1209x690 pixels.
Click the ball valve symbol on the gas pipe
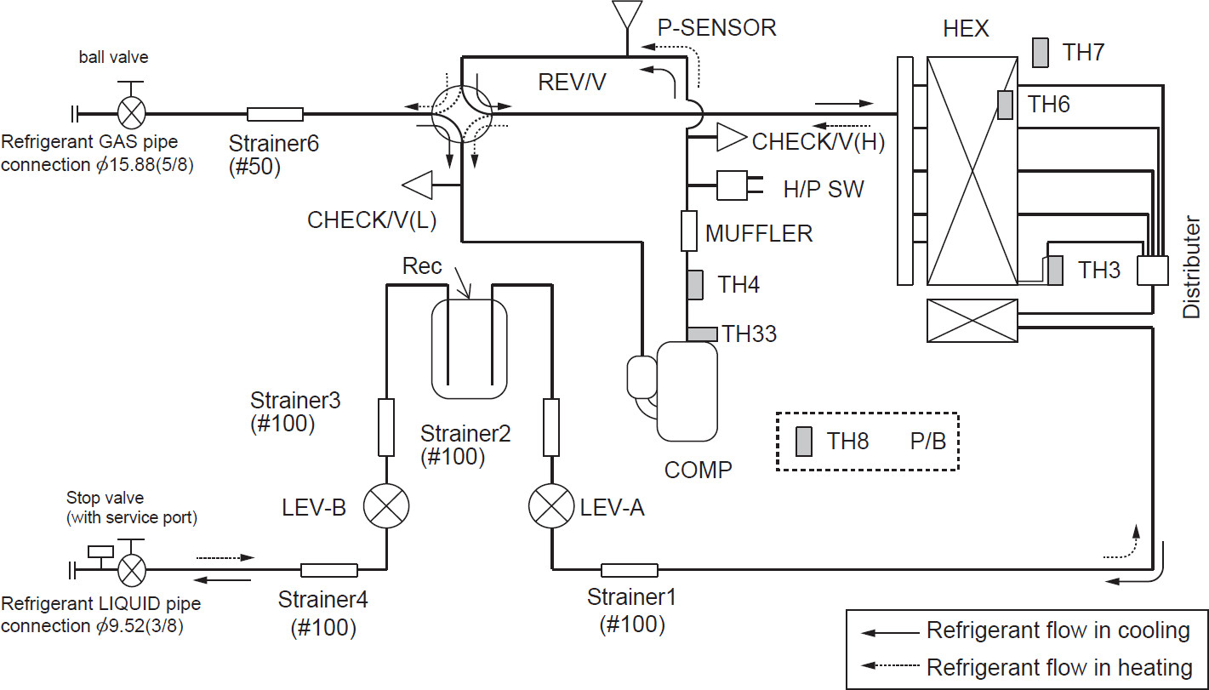click(131, 111)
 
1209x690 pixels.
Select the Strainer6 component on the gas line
click(275, 114)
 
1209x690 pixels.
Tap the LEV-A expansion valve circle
click(552, 508)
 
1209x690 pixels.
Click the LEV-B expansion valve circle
click(387, 508)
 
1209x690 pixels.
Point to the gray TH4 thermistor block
click(694, 284)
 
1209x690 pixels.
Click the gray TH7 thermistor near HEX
click(1041, 53)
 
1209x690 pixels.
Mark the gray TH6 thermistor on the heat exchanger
click(1006, 105)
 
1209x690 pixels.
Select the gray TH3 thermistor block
click(1055, 271)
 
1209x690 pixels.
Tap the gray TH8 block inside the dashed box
click(803, 442)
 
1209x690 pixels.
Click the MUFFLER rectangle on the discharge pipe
click(689, 231)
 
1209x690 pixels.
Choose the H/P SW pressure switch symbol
click(733, 185)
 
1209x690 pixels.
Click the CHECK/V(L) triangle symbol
click(419, 183)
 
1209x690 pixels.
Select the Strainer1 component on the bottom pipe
click(629, 570)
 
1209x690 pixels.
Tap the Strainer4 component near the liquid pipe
click(328, 570)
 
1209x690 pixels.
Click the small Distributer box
click(1153, 271)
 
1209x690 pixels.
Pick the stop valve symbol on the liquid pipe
click(131, 568)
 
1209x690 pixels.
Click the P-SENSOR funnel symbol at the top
click(627, 14)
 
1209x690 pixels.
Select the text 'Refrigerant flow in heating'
click(1058, 666)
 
